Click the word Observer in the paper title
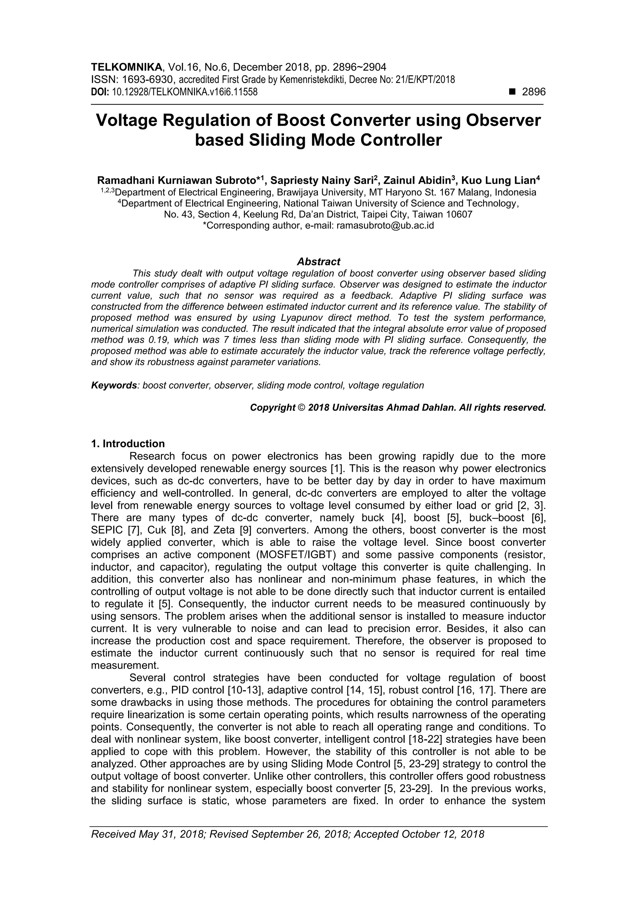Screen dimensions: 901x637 (503, 120)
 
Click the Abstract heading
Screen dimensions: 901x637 (318, 261)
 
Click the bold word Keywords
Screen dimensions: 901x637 (114, 385)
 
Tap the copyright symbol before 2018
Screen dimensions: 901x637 (301, 408)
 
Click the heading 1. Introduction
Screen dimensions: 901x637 (128, 444)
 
